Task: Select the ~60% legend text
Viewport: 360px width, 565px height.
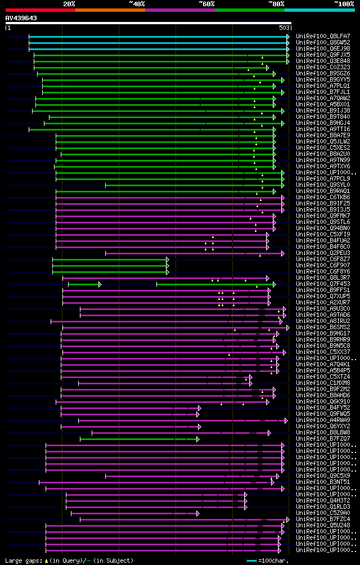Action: coord(206,4)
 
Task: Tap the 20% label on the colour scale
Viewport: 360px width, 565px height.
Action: coord(69,4)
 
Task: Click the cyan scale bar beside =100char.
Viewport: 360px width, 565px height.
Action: coord(253,560)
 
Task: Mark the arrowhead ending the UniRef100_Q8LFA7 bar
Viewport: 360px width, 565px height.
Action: coord(288,37)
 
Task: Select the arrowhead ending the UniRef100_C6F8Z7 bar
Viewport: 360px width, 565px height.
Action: coord(168,259)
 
